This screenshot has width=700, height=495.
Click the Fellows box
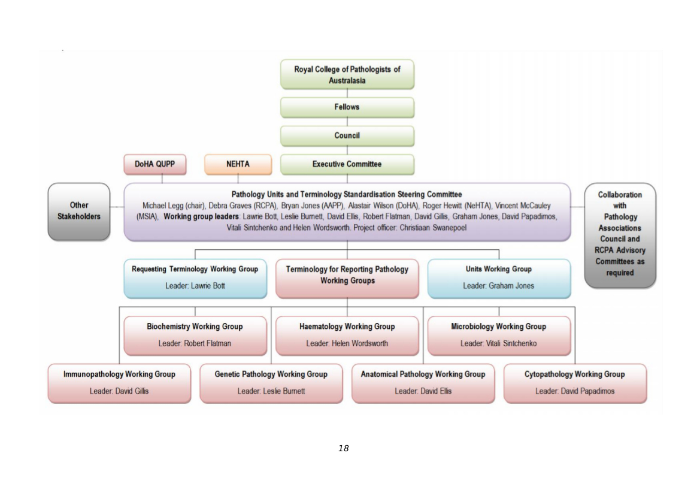click(x=347, y=107)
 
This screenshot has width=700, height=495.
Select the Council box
click(x=347, y=136)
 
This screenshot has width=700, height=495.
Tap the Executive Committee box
click(x=347, y=164)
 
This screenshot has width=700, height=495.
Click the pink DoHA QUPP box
click(x=154, y=164)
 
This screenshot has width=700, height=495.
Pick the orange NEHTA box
click(x=238, y=164)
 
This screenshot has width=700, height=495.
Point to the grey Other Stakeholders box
click(x=79, y=211)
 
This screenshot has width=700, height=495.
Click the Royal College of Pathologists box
click(x=347, y=74)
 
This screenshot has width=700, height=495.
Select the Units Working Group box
click(x=499, y=278)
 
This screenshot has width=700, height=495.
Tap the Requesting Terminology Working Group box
click(x=195, y=278)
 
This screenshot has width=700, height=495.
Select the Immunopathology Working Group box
click(x=119, y=383)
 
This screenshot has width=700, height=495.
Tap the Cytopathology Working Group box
click(x=575, y=383)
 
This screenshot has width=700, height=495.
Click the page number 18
click(x=343, y=448)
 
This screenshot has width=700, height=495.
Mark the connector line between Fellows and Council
click(x=347, y=122)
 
